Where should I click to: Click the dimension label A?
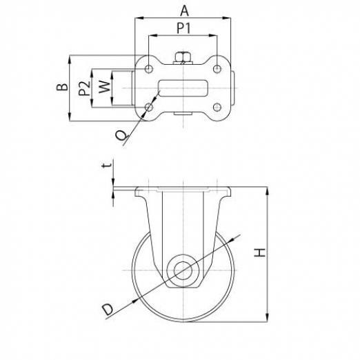[184, 11]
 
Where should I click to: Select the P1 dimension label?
[183, 28]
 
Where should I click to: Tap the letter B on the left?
[62, 87]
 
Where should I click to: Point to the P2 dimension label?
[84, 88]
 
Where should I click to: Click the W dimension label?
[105, 87]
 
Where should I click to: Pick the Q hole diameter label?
[121, 135]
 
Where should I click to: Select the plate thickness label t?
[107, 165]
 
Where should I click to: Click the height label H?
[259, 252]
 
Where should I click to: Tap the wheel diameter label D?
[108, 309]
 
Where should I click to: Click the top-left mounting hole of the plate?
[149, 68]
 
